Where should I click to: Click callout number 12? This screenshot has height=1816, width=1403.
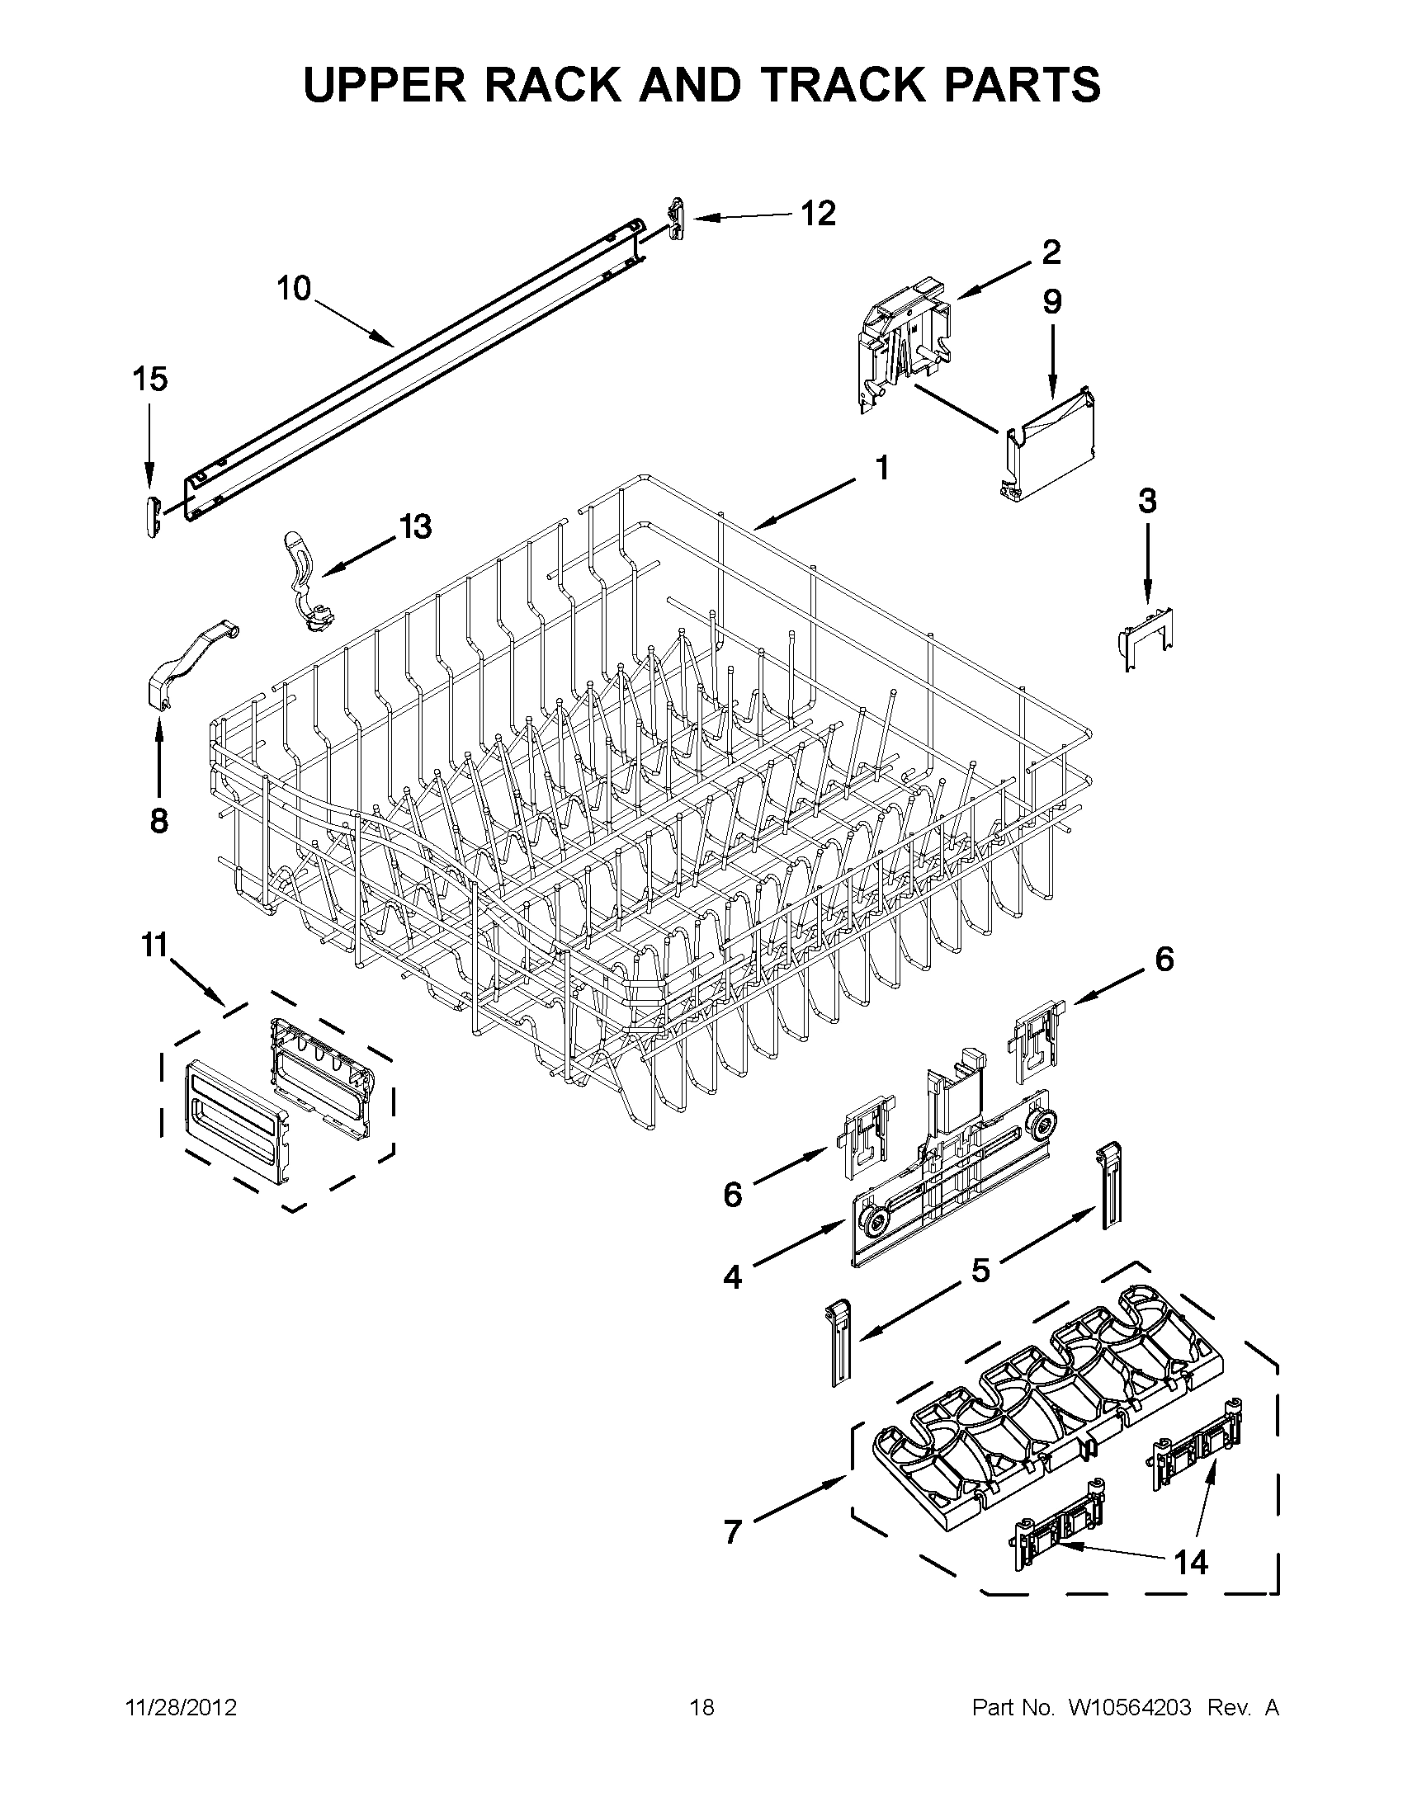pos(818,214)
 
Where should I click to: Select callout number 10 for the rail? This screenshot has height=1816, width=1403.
pos(293,289)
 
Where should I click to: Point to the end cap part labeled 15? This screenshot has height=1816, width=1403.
pos(149,516)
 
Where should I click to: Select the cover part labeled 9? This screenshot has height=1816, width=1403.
pos(1050,445)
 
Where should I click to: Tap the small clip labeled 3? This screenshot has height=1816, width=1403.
pos(1146,636)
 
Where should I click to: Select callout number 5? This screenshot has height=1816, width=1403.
pos(980,1271)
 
